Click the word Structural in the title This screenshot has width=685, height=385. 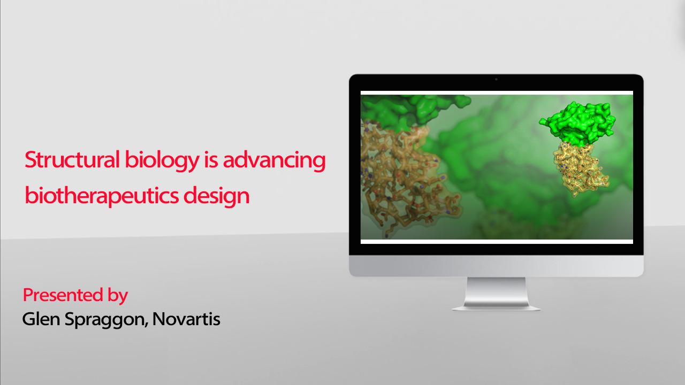72,159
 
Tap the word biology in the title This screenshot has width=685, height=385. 162,161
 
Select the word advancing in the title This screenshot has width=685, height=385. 275,161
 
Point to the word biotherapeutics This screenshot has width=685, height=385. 102,196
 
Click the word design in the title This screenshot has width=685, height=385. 217,196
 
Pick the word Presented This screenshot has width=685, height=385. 63,295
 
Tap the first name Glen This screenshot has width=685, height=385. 41,319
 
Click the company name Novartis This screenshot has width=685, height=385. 186,319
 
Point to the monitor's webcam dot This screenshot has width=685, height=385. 496,80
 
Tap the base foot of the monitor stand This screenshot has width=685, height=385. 496,307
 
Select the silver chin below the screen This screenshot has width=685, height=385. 496,266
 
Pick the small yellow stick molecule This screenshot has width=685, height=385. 581,170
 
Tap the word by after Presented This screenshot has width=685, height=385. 118,296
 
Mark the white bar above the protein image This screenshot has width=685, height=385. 497,93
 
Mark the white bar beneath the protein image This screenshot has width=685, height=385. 497,242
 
